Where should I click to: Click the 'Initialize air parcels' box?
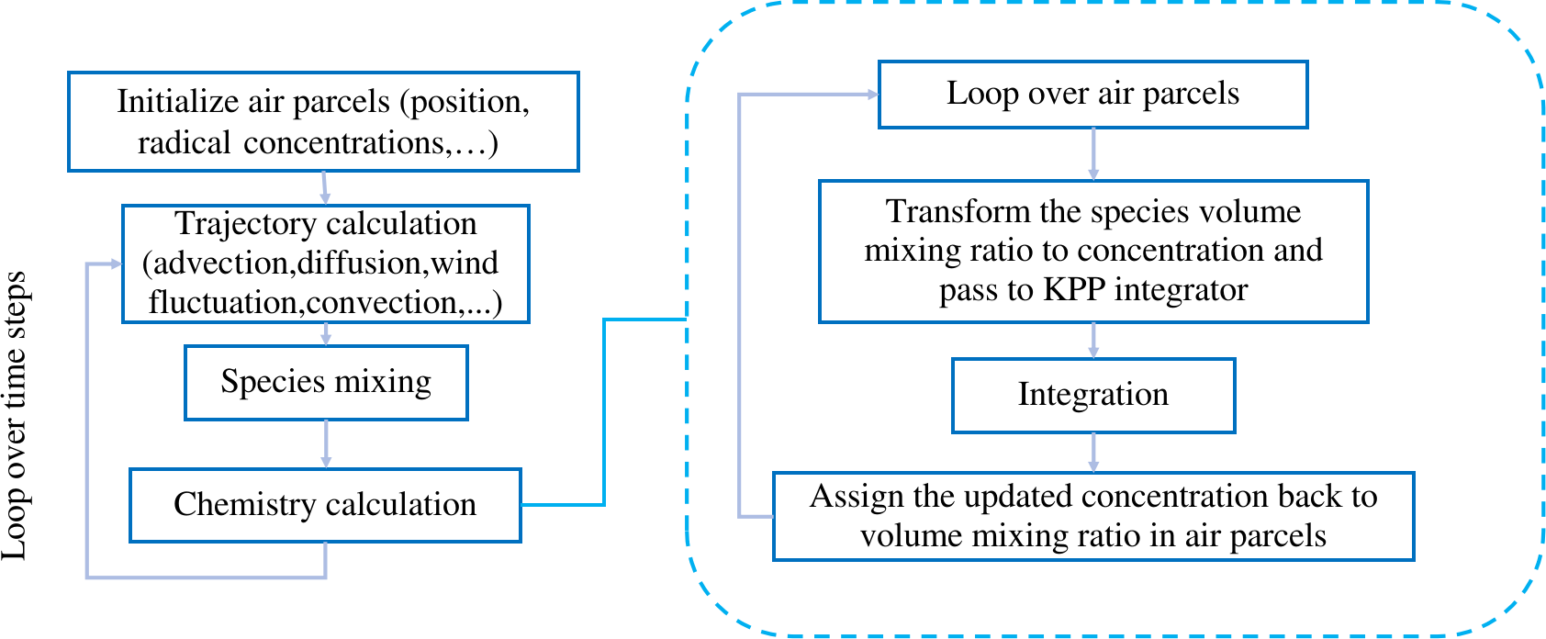323,121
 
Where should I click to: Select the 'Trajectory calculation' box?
326,263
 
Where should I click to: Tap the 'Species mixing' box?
326,383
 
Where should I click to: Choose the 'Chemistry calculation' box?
325,505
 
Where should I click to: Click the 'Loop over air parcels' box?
1092,95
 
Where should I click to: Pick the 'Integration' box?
1093,396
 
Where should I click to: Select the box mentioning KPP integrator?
1093,252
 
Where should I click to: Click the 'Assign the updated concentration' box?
1093,516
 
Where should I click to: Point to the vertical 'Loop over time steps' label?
16,415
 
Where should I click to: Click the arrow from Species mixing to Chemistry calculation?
326,444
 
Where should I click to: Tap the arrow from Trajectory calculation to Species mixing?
326,335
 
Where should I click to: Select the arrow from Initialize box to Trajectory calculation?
324,187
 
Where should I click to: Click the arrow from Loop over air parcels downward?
1093,154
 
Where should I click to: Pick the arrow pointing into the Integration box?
1093,341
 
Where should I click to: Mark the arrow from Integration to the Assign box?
1093,453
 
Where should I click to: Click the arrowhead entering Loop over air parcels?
873,95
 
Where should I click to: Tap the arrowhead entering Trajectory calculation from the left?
117,263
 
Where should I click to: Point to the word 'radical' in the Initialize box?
185,143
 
